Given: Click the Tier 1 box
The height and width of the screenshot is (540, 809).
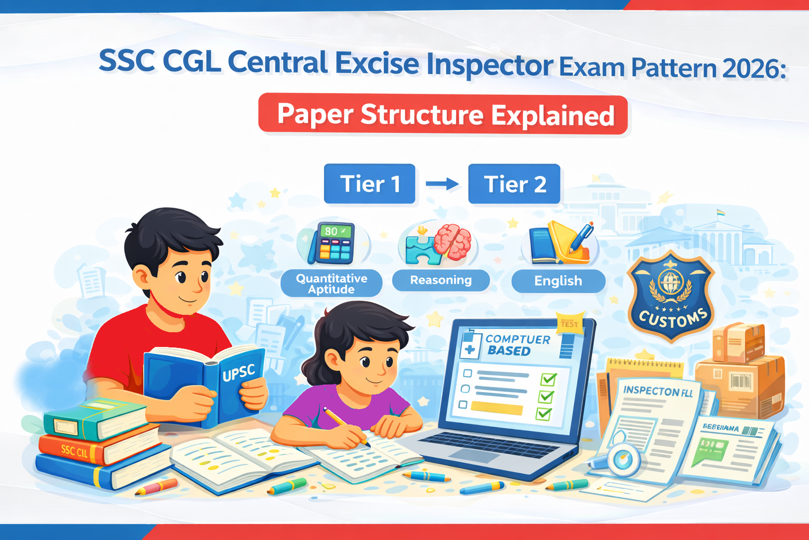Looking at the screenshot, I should tap(369, 184).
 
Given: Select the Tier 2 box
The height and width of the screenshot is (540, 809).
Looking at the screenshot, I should tap(514, 184).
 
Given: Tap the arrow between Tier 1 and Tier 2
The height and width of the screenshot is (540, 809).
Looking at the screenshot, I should tap(442, 184).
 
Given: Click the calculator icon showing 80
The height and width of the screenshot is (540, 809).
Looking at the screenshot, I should tap(332, 243).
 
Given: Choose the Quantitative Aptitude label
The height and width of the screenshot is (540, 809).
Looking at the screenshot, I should tap(331, 284).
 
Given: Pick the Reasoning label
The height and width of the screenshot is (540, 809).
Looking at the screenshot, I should tap(441, 281).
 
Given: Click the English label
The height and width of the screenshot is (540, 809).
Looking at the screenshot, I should tap(558, 281).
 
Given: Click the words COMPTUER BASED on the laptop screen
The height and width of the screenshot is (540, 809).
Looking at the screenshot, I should tap(514, 345).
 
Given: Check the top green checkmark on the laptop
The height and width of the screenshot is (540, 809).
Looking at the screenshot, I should tap(548, 379).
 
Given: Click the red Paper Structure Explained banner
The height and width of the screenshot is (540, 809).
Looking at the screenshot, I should tap(443, 114).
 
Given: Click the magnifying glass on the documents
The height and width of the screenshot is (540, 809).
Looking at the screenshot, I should tap(623, 458).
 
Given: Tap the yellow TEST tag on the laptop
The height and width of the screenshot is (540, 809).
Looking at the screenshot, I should tap(569, 323).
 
